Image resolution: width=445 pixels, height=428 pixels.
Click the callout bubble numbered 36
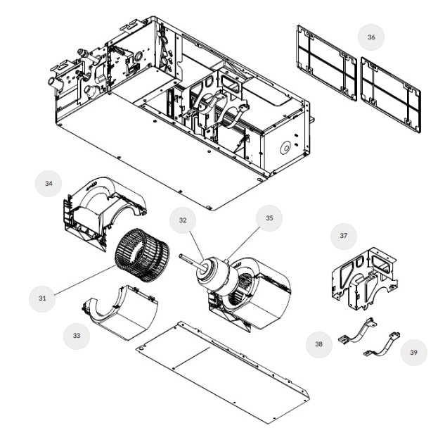(x=370, y=37)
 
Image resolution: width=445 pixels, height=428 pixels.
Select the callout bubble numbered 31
(x=43, y=298)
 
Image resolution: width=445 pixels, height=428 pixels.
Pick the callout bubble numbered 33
(x=76, y=336)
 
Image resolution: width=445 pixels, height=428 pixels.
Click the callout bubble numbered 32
(x=182, y=220)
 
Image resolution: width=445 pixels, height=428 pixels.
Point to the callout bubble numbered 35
(x=269, y=218)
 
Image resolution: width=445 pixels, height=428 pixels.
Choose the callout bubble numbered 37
(x=344, y=236)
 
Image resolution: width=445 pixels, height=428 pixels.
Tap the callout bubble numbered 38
(x=318, y=344)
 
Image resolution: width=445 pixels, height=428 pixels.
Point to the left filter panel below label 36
(x=325, y=63)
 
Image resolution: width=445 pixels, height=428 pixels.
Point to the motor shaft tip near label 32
(x=182, y=257)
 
